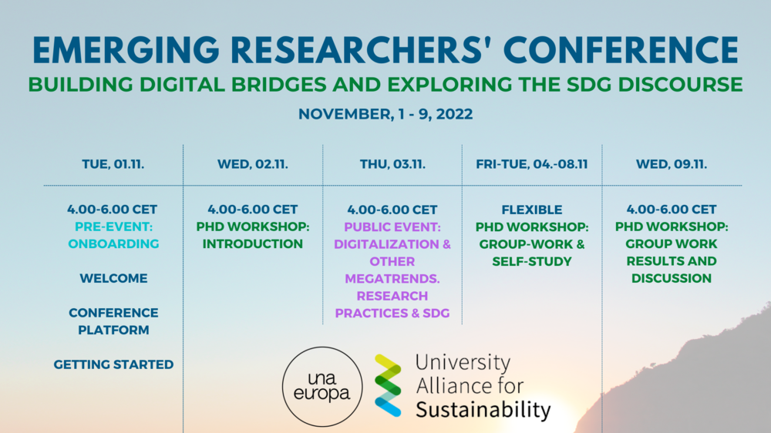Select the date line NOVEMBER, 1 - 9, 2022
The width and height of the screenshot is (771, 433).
pos(385,114)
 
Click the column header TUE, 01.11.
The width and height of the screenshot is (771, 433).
pos(113,164)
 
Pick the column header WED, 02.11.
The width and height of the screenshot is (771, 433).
pos(253,164)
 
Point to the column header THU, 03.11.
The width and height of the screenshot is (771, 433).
pos(392,164)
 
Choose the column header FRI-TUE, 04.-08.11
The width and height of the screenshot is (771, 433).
pos(532,164)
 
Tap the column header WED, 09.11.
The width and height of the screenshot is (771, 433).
pos(672,164)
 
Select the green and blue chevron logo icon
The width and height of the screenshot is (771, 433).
pos(388,385)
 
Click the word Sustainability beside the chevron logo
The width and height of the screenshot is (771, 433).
pos(483,409)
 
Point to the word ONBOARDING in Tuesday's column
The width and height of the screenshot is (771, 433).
pos(113,243)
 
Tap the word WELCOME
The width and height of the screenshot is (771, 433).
pos(113,278)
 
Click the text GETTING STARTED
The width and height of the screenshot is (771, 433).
pos(113,364)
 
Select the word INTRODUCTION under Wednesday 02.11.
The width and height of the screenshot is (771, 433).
pos(253,243)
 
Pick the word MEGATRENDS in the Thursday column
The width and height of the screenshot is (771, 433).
pos(392,278)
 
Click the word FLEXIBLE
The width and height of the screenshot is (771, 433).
pos(532,210)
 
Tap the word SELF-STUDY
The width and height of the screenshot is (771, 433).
pos(532,261)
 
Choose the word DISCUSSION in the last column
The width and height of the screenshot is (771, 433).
pos(672,278)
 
